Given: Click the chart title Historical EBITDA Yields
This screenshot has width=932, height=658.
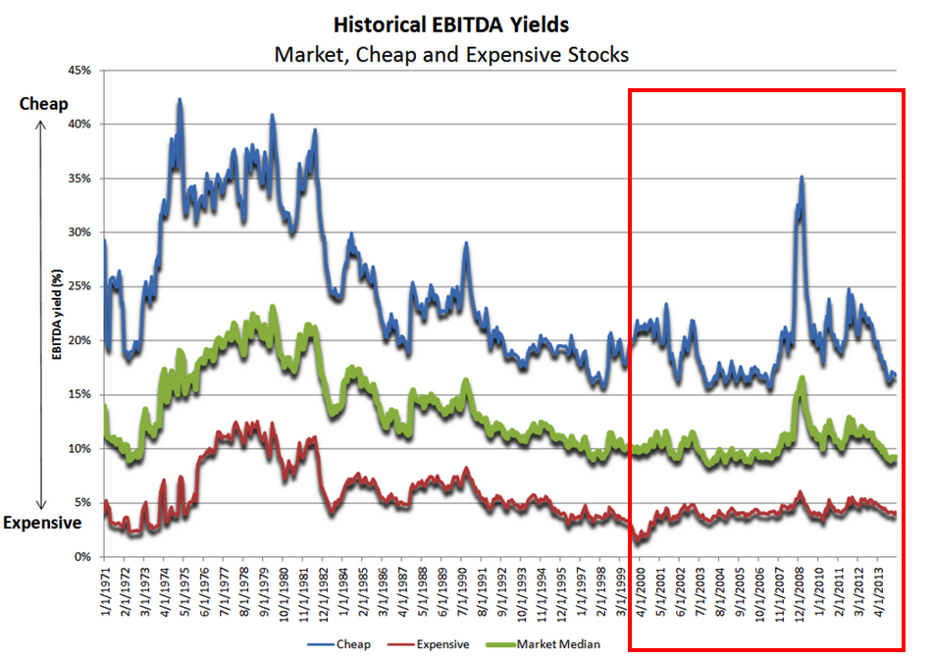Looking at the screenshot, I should coord(451,23).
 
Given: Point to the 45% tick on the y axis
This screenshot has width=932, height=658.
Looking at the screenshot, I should coord(79,71).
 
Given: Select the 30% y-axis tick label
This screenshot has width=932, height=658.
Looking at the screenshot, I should coord(79,232).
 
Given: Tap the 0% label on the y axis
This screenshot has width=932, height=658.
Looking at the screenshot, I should coord(83,557).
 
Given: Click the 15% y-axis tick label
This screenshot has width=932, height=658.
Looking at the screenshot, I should coord(79,394).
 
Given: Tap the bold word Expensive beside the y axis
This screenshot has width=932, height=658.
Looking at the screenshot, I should coord(41,523).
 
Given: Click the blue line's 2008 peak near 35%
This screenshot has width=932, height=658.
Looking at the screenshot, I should coord(802,177).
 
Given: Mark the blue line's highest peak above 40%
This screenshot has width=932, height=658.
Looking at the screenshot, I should coord(180,99).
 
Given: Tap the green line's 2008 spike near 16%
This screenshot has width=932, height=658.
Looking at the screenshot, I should coord(802,378).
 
